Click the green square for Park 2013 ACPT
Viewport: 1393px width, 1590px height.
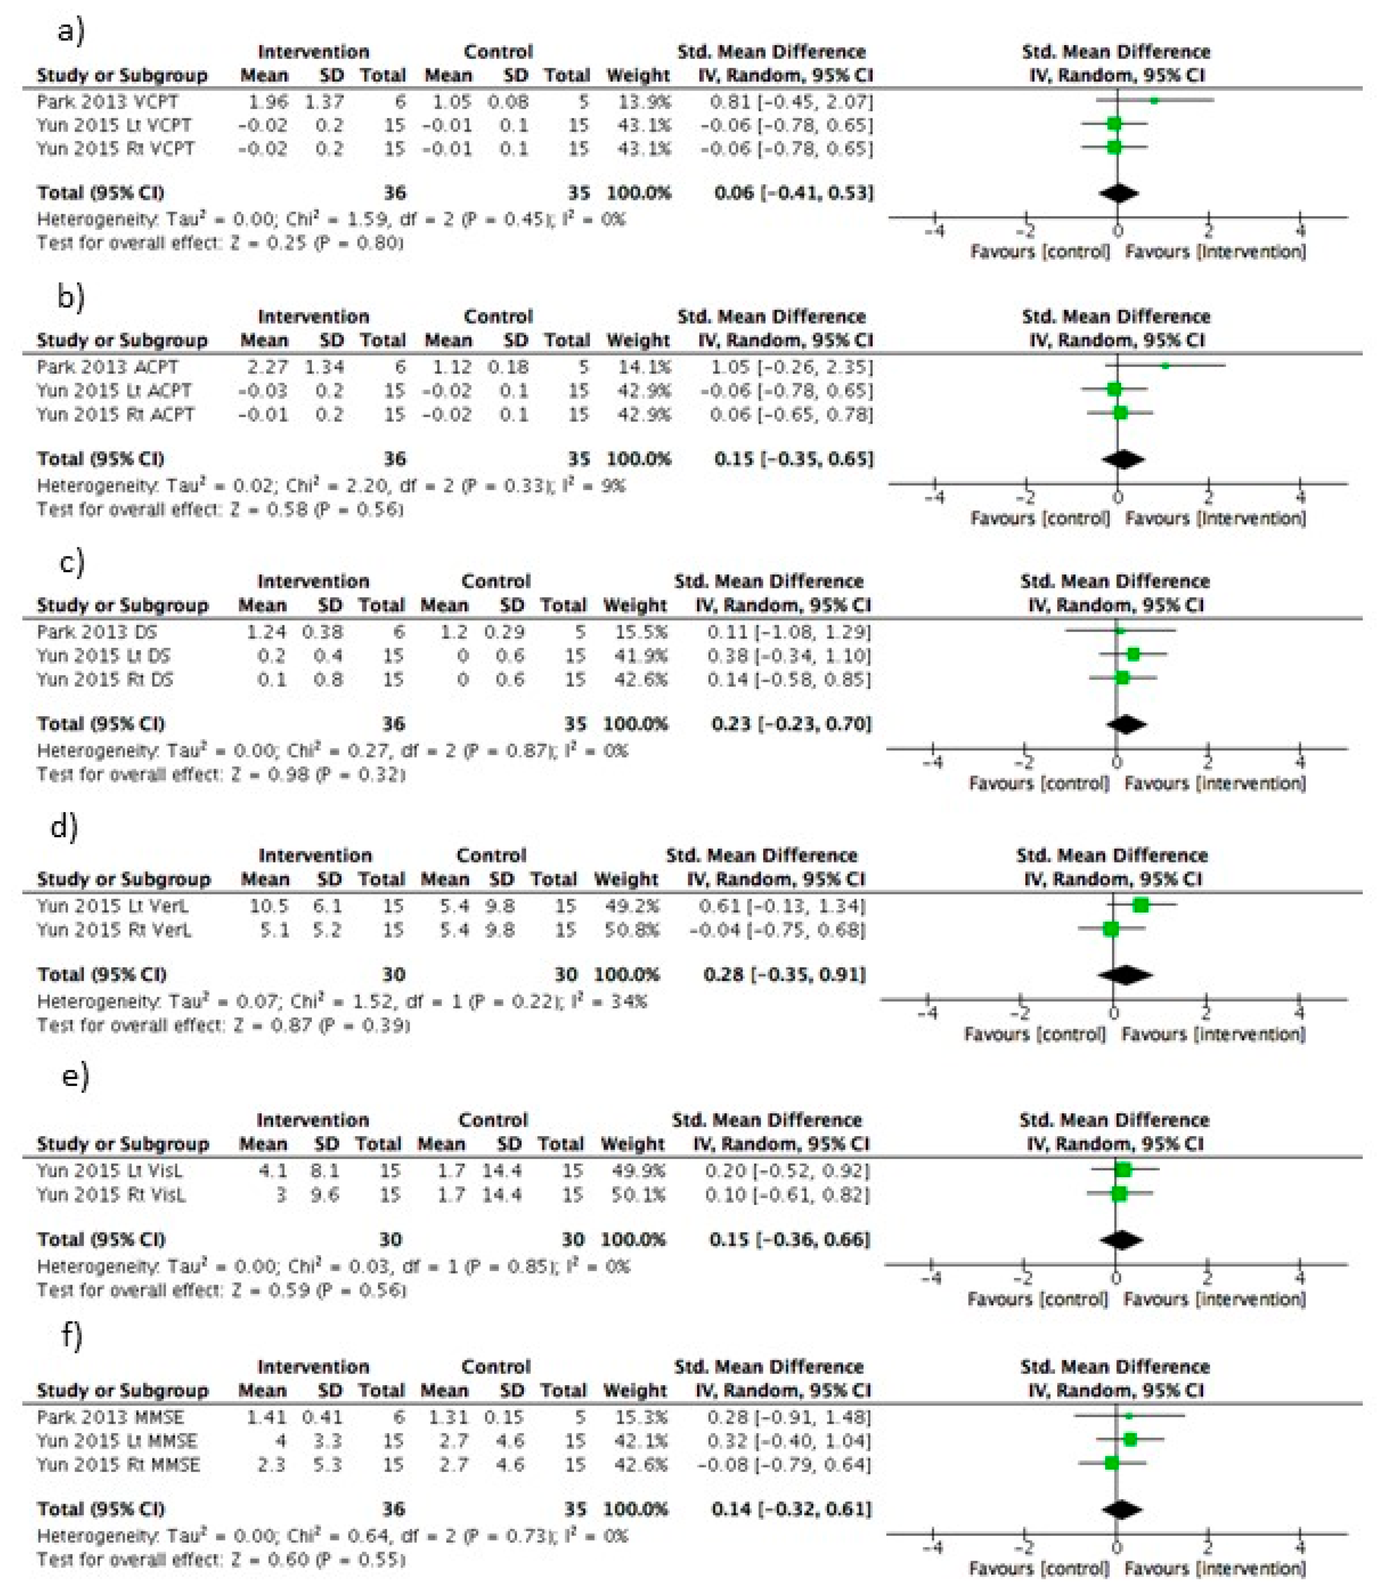click(1165, 366)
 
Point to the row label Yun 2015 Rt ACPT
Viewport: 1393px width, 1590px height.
click(115, 415)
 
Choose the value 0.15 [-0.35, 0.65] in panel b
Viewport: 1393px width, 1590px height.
click(793, 459)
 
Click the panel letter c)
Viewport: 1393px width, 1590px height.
click(72, 561)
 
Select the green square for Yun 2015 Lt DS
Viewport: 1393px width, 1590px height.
click(1133, 655)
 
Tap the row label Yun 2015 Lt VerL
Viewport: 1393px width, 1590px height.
click(113, 906)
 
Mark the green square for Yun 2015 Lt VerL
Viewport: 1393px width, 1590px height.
click(1141, 905)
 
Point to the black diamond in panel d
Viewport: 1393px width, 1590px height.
click(1125, 975)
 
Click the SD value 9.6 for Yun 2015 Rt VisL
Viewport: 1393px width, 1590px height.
click(326, 1194)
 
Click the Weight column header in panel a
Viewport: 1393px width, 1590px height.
click(637, 76)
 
